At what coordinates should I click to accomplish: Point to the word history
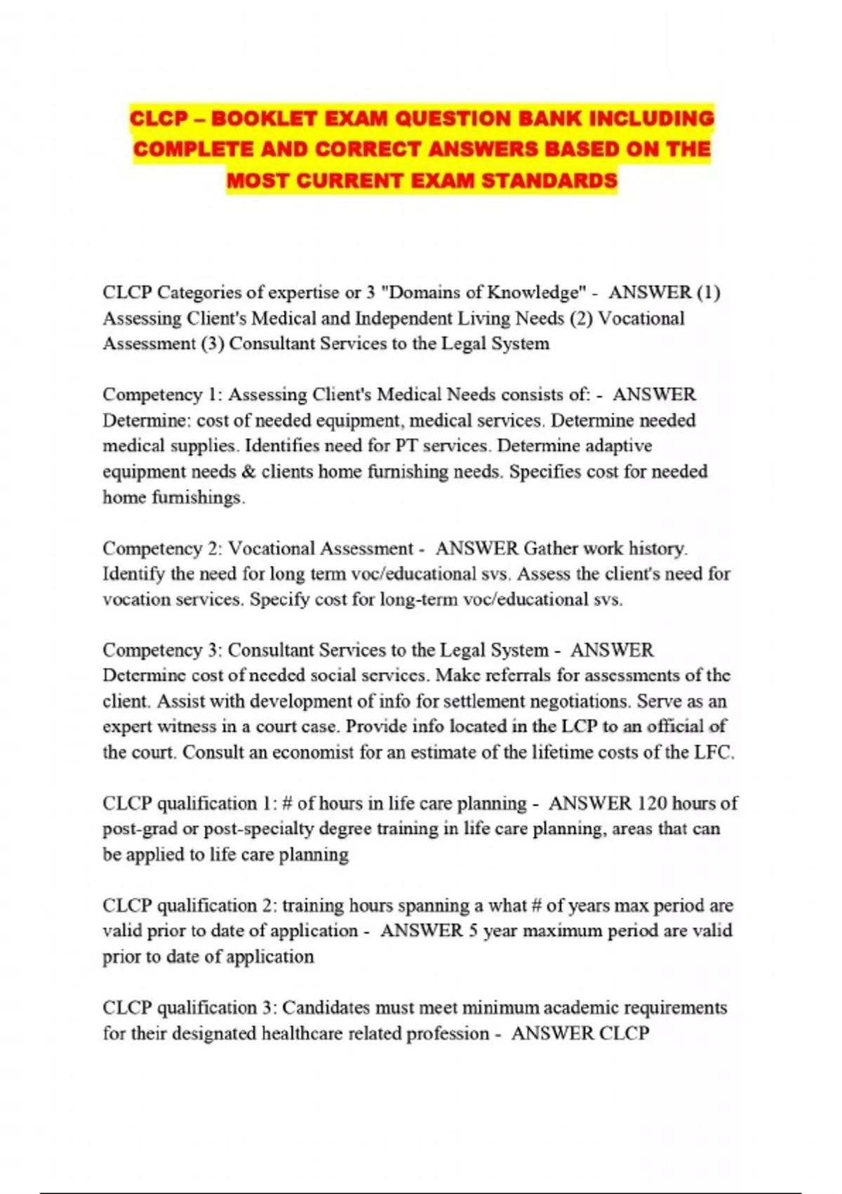658,549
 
